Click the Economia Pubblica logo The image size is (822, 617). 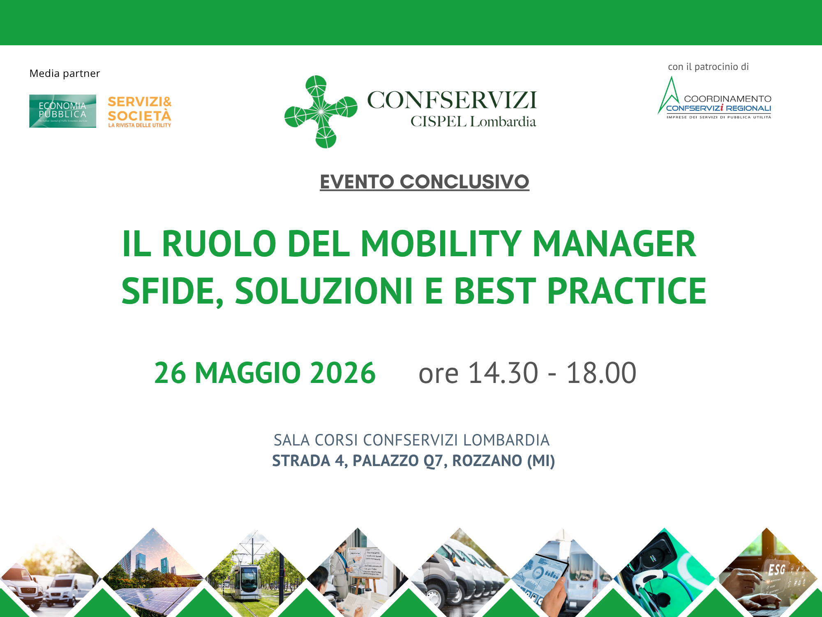(62, 111)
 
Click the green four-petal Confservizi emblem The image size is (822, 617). (321, 111)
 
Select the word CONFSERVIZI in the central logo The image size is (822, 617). (452, 100)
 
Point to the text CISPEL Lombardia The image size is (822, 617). (473, 122)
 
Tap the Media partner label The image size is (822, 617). (65, 73)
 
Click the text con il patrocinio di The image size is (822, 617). (708, 67)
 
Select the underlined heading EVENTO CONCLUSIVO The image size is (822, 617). (424, 182)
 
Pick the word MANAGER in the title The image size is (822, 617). (614, 244)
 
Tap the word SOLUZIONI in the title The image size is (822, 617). (323, 291)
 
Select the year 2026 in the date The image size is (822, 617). (343, 373)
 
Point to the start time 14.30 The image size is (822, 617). (503, 373)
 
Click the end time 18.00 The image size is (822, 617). (601, 373)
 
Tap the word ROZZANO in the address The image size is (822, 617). (487, 461)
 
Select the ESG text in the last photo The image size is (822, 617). (776, 570)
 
